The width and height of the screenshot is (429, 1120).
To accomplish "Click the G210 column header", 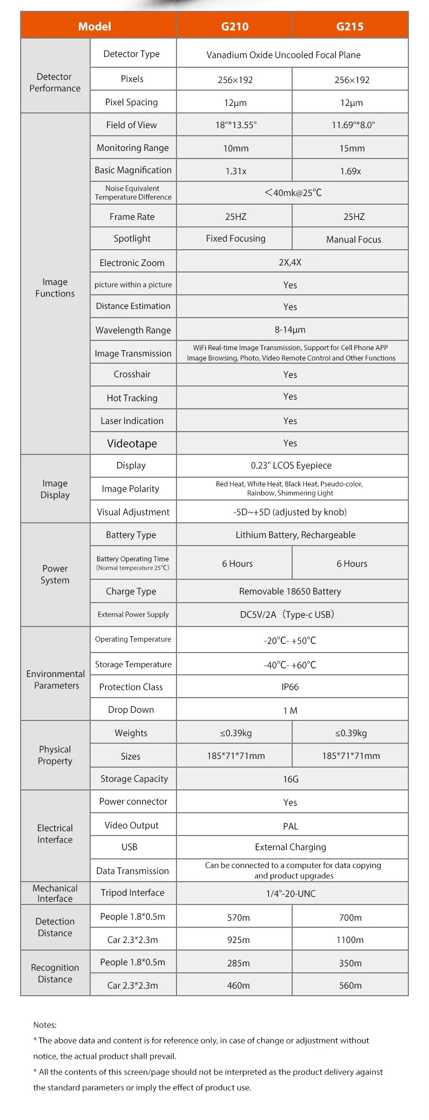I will pyautogui.click(x=235, y=26).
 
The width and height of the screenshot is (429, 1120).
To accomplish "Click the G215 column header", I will pyautogui.click(x=350, y=26).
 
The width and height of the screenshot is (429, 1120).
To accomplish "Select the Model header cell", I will pyautogui.click(x=94, y=26).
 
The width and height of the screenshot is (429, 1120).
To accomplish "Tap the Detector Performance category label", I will pyautogui.click(x=55, y=83).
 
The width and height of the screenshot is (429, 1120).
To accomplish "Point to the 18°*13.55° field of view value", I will pyautogui.click(x=236, y=125).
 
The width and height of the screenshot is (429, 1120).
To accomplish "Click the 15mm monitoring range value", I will pyautogui.click(x=352, y=148).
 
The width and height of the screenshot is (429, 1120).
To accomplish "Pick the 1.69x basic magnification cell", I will pyautogui.click(x=350, y=171).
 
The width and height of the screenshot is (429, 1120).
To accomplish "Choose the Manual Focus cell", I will pyautogui.click(x=354, y=239).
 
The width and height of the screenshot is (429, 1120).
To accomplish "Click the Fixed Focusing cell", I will pyautogui.click(x=236, y=238).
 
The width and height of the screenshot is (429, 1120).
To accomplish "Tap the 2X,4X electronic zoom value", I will pyautogui.click(x=290, y=262).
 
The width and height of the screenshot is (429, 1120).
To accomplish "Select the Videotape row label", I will pyautogui.click(x=132, y=444).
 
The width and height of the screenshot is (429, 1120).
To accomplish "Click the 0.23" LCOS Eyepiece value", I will pyautogui.click(x=291, y=465).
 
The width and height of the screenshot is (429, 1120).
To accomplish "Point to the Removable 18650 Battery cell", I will pyautogui.click(x=290, y=591).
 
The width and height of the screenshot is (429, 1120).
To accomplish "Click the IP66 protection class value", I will pyautogui.click(x=290, y=687).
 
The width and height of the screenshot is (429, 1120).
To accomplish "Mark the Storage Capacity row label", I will pyautogui.click(x=134, y=779).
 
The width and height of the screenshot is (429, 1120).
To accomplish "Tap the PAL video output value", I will pyautogui.click(x=291, y=826).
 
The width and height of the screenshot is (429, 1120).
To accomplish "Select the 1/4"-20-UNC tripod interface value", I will pyautogui.click(x=291, y=894).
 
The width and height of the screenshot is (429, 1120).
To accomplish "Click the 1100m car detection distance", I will pyautogui.click(x=350, y=940).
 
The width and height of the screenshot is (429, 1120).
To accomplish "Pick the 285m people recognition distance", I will pyautogui.click(x=238, y=963).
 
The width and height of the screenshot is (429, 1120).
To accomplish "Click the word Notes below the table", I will pyautogui.click(x=45, y=1025).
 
